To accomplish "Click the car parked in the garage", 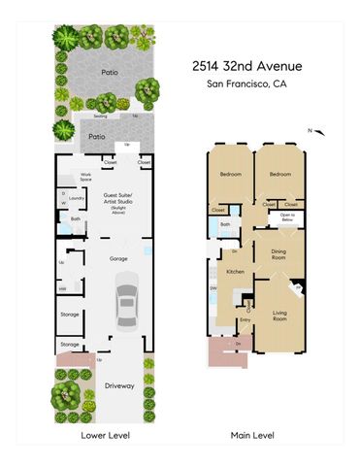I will (127, 301).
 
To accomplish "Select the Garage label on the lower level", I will (118, 258).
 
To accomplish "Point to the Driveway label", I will (119, 386).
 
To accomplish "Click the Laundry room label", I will (77, 197).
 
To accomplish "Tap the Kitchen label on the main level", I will (235, 273).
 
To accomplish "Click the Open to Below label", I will (288, 218).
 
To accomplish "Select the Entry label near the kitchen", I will (245, 319).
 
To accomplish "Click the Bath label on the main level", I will (225, 225).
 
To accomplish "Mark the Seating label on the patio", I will (101, 115).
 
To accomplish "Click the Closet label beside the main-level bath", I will (218, 209).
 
